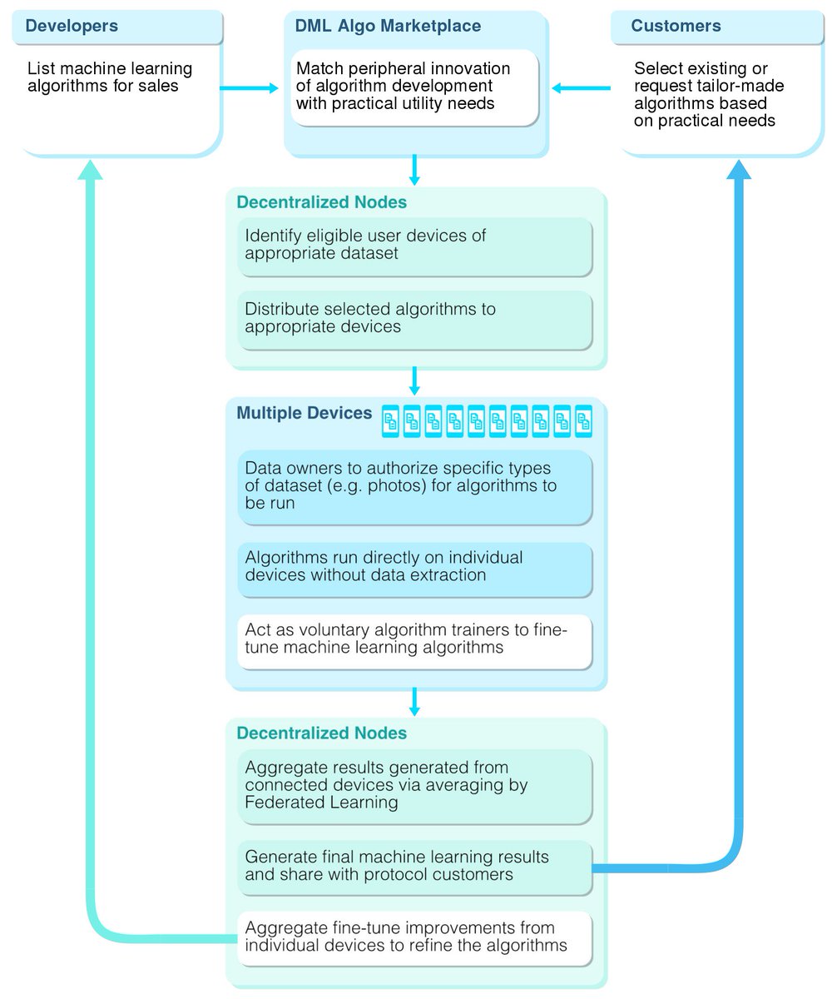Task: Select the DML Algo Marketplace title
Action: tap(388, 26)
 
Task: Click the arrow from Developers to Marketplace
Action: tap(249, 87)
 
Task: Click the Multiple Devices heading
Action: tap(304, 413)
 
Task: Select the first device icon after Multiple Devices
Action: tap(391, 421)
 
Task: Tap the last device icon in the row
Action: tap(583, 421)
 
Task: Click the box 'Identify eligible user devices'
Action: tap(414, 245)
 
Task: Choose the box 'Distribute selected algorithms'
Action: tap(414, 318)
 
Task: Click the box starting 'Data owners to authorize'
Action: tap(414, 486)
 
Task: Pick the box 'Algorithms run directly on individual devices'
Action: tap(414, 567)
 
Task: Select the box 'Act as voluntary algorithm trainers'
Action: tap(414, 639)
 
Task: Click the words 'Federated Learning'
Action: tap(321, 803)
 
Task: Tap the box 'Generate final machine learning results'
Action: tap(414, 866)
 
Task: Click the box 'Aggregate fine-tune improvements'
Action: tap(414, 937)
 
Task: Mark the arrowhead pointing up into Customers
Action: tap(739, 168)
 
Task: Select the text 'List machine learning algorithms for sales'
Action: tap(110, 77)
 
